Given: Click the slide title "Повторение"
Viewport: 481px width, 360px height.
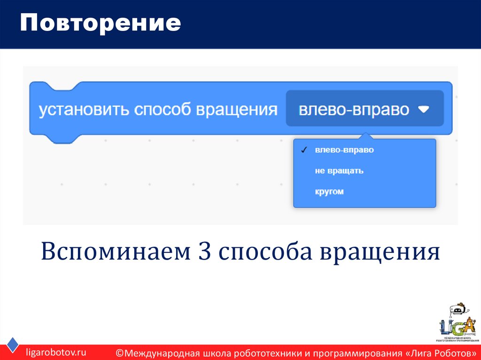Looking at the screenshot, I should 100,23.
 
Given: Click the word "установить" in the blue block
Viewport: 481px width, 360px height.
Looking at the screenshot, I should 83,110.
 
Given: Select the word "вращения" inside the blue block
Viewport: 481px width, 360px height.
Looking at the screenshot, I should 237,110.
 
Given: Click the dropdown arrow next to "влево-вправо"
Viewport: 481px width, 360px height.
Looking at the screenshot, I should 424,109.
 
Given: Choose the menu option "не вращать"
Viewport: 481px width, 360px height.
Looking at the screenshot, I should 339,171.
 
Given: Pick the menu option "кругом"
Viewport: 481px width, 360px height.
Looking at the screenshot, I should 329,191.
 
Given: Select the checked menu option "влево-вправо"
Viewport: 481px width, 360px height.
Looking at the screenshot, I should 344,150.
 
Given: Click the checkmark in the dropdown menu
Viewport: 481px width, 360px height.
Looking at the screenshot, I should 304,150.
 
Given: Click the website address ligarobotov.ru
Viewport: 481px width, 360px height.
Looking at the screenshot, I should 56,352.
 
